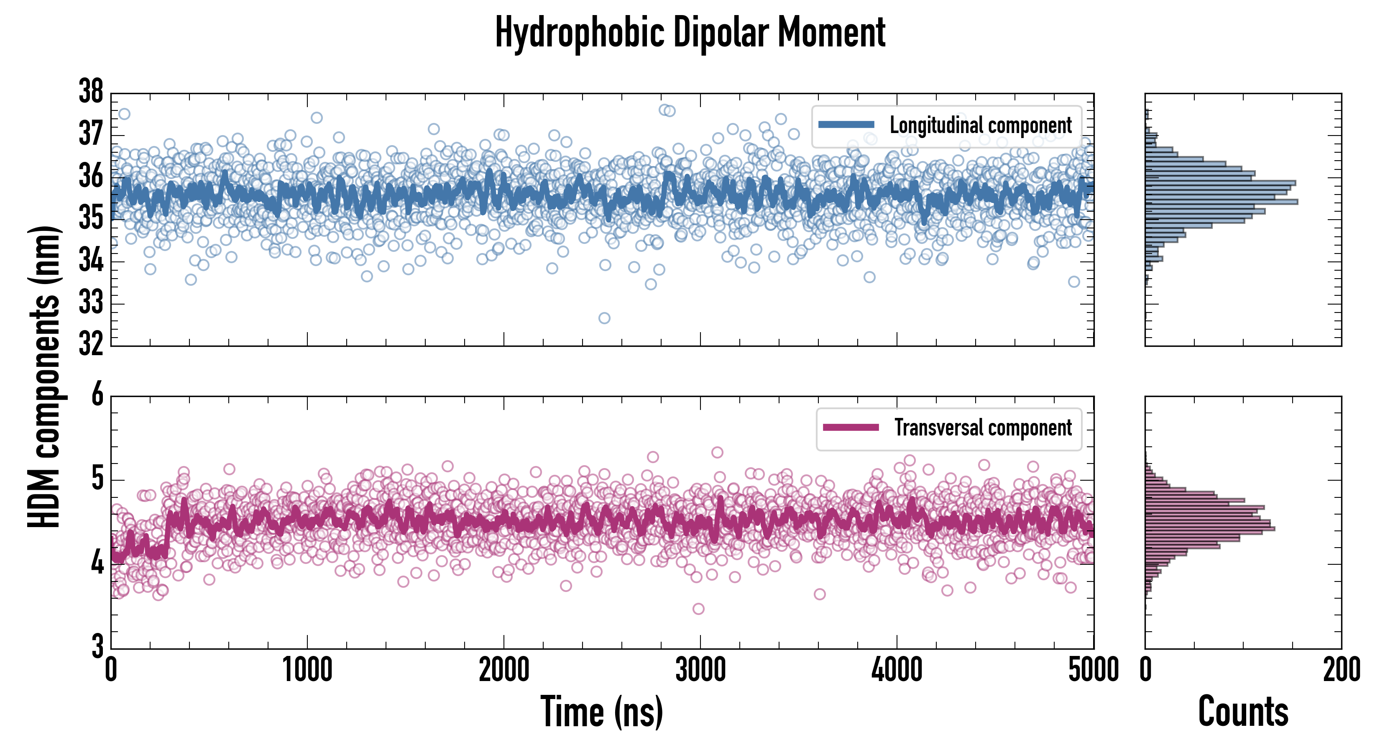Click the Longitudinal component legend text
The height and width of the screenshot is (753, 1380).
pyautogui.click(x=980, y=125)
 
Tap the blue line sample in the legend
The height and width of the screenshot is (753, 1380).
pyautogui.click(x=846, y=125)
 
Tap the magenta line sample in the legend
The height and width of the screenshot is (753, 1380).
pyautogui.click(x=851, y=427)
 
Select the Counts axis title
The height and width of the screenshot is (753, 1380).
pyautogui.click(x=1243, y=712)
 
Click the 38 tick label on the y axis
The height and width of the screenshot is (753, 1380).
pyautogui.click(x=91, y=92)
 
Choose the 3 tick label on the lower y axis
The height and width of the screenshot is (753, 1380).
pyautogui.click(x=97, y=646)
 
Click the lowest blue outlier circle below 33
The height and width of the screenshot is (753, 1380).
pyautogui.click(x=604, y=318)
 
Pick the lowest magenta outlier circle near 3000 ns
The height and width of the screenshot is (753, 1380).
pyautogui.click(x=698, y=609)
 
